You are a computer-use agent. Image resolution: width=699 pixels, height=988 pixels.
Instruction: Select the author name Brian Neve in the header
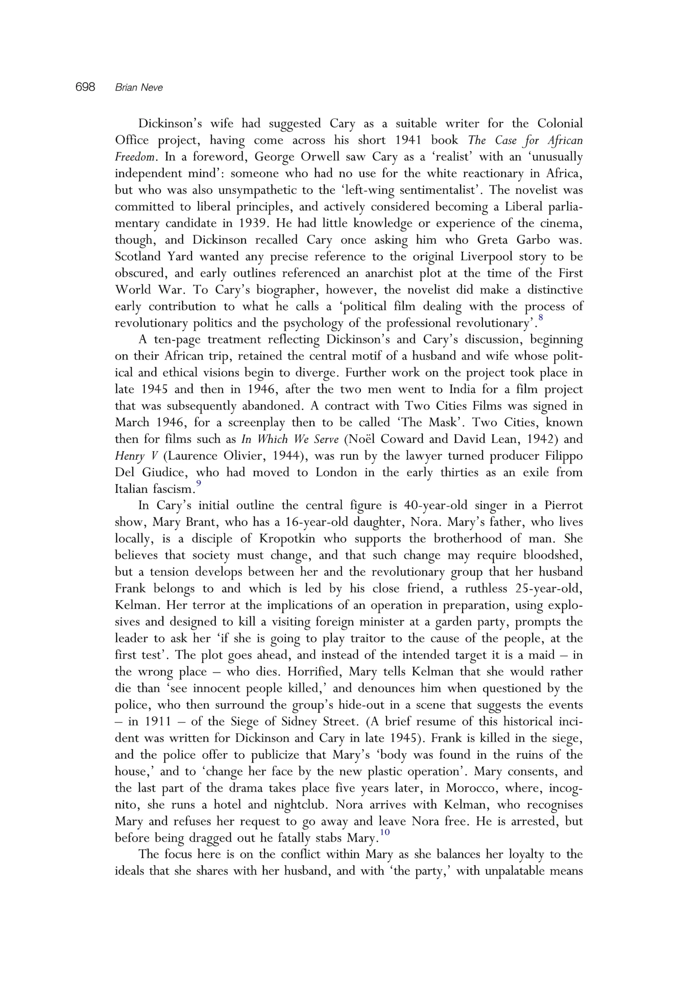pos(139,88)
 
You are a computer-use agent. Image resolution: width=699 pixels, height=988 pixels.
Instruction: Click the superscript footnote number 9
pos(198,484)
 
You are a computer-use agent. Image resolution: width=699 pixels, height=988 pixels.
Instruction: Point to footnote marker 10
pos(384,832)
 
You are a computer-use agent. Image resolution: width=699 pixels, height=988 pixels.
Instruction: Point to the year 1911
pos(157,721)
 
